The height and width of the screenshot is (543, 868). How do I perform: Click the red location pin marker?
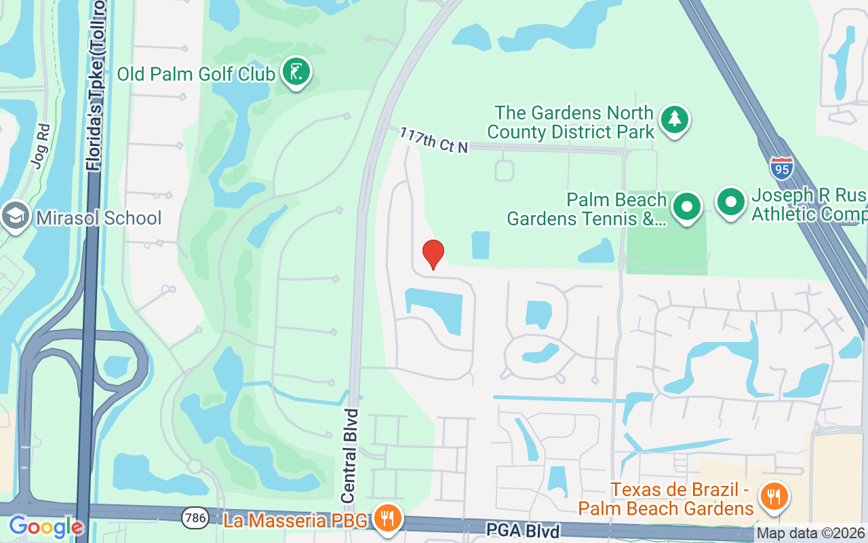(x=433, y=255)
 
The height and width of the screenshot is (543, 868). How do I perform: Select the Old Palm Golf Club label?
(x=196, y=73)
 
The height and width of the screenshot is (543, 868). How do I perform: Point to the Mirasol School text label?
(x=99, y=218)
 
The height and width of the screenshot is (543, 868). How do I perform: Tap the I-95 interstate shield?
(x=782, y=168)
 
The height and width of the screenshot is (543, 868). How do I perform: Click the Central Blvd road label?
(x=350, y=455)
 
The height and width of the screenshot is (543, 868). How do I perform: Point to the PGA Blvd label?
(x=522, y=530)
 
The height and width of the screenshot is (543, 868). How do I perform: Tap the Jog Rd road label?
(x=38, y=145)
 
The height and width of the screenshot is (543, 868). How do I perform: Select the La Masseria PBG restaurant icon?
(x=387, y=519)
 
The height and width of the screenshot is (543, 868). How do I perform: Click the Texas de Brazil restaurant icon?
(x=772, y=497)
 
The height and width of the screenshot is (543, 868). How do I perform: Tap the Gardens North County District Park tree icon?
(x=674, y=119)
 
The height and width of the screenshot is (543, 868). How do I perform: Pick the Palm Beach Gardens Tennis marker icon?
(x=687, y=206)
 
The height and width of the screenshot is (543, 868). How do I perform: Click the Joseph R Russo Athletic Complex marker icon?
(x=730, y=202)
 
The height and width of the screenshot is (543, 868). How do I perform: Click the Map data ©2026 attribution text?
(x=811, y=533)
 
